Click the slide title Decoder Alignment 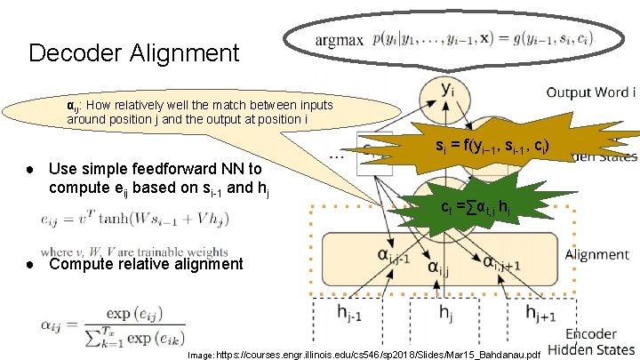(x=133, y=53)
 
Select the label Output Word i (x=590, y=92)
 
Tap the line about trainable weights (x=133, y=252)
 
